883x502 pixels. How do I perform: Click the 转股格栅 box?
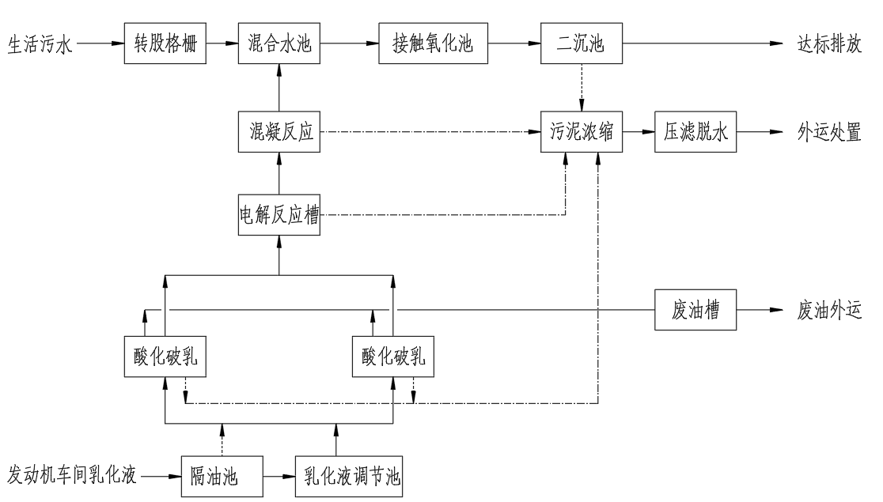tap(165, 45)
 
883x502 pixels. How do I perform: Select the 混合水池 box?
tap(279, 45)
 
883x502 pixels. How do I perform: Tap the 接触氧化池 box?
tap(433, 45)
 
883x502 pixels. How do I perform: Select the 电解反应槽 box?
tap(279, 215)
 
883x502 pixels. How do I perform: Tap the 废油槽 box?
tap(695, 311)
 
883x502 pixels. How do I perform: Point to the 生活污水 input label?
tap(40, 45)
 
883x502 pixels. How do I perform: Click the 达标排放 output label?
tap(828, 45)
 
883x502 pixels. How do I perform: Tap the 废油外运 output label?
tap(828, 311)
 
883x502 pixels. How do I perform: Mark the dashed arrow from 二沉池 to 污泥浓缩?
tap(581, 89)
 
